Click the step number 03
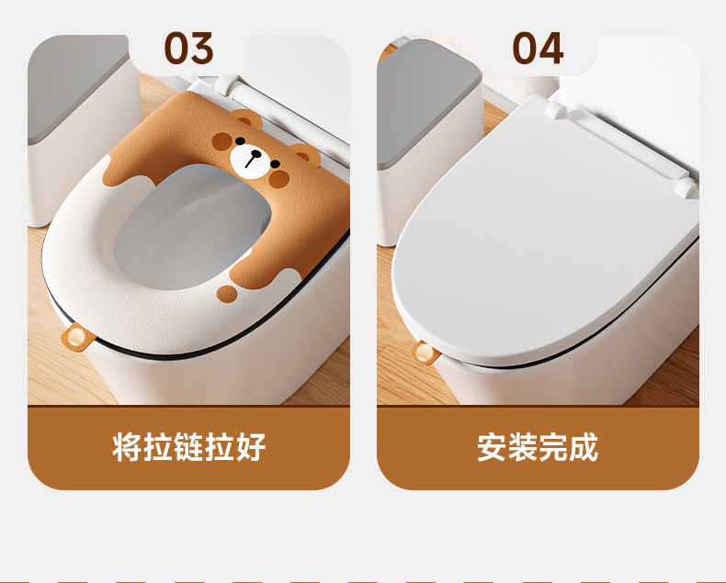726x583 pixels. tap(189, 48)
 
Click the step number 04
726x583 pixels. tap(538, 48)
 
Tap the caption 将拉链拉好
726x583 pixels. tap(189, 447)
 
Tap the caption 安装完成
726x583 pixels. tap(538, 447)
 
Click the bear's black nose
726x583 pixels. tap(255, 153)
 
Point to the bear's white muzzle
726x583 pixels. tap(250, 162)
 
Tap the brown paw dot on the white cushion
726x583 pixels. tap(227, 295)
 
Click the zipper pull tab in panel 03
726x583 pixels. tap(74, 337)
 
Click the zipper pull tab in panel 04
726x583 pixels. tap(425, 353)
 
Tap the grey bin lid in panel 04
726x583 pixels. tap(428, 102)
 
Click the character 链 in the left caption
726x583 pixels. tap(189, 447)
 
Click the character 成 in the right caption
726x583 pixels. tap(584, 447)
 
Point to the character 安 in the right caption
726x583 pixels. tap(492, 447)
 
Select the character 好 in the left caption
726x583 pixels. tap(252, 447)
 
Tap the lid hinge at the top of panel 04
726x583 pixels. tap(554, 109)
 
